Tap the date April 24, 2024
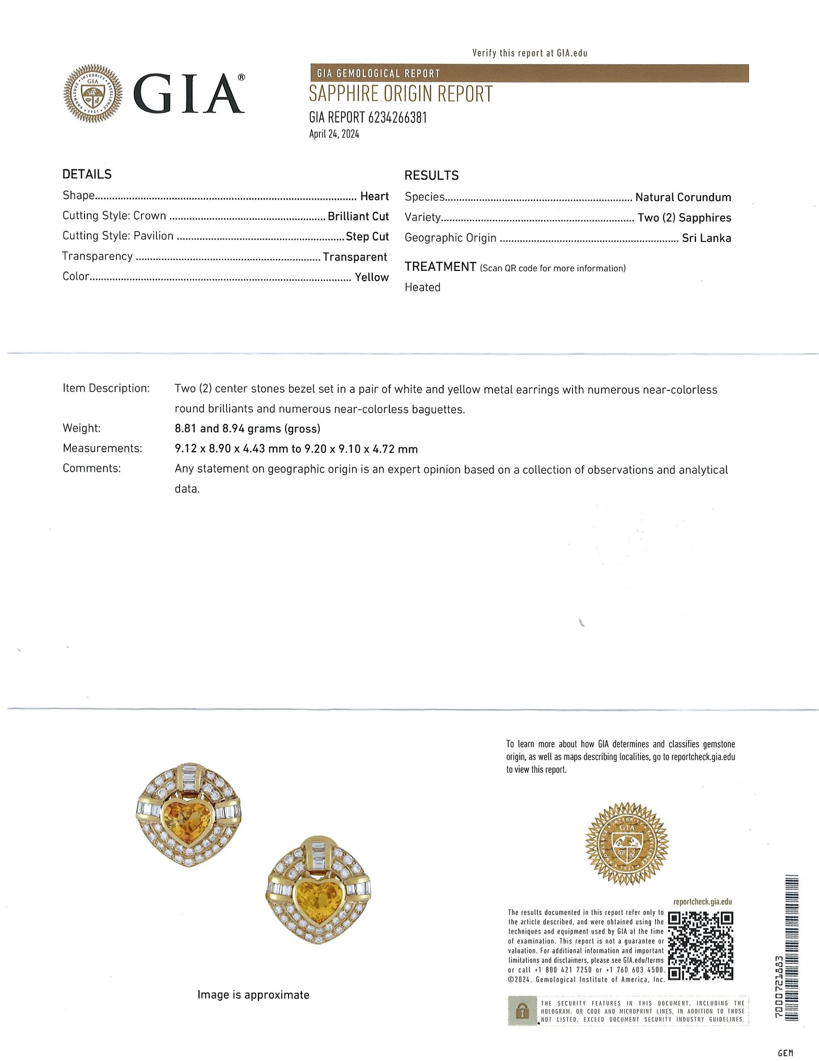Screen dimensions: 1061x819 pyautogui.click(x=334, y=134)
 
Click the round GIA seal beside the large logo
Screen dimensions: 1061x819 pyautogui.click(x=93, y=94)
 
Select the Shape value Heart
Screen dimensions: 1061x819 pyautogui.click(x=374, y=196)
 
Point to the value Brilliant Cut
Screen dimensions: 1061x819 pyautogui.click(x=358, y=216)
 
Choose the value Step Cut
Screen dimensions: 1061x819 pyautogui.click(x=367, y=236)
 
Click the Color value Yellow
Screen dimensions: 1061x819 pyautogui.click(x=372, y=277)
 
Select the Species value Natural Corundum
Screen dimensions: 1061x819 pyautogui.click(x=683, y=197)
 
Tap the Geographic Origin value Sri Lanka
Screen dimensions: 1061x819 pyautogui.click(x=706, y=238)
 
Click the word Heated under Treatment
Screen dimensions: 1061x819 pyautogui.click(x=422, y=287)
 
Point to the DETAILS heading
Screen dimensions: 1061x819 pyautogui.click(x=87, y=174)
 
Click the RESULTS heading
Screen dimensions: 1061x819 pyautogui.click(x=431, y=175)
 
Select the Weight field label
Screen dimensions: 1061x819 pyautogui.click(x=82, y=428)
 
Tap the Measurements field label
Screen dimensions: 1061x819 pyautogui.click(x=102, y=448)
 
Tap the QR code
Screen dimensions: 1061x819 pyautogui.click(x=701, y=945)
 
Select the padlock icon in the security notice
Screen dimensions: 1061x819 pyautogui.click(x=522, y=1011)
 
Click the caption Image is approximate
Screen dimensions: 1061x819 pyautogui.click(x=253, y=995)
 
